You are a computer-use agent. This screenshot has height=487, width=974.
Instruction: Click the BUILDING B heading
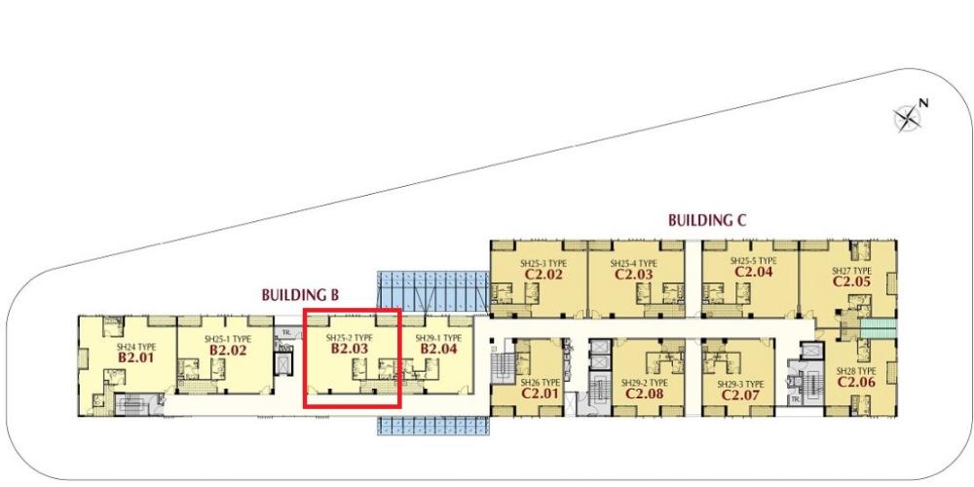coord(299,292)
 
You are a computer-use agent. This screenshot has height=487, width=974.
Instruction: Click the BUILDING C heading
coord(706,221)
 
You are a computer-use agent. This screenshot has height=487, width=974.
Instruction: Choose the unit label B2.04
coord(437,348)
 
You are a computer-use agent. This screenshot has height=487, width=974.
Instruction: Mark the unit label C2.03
coord(633,275)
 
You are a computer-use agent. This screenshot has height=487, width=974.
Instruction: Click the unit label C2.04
coord(754,273)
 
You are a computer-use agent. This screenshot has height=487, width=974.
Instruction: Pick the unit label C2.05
coord(850,281)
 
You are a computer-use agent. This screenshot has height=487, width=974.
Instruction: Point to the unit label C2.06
coord(854,382)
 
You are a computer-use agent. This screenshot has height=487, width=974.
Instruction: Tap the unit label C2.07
coord(739,395)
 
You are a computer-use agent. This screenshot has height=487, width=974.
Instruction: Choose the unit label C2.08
coord(644,395)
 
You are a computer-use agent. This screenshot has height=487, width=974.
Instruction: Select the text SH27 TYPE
coord(850,270)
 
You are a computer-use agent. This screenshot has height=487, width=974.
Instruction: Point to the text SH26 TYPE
coord(538,382)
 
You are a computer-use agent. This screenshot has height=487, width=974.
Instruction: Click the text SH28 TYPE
coord(854,371)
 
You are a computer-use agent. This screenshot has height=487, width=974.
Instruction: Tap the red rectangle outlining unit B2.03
coord(352,310)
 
